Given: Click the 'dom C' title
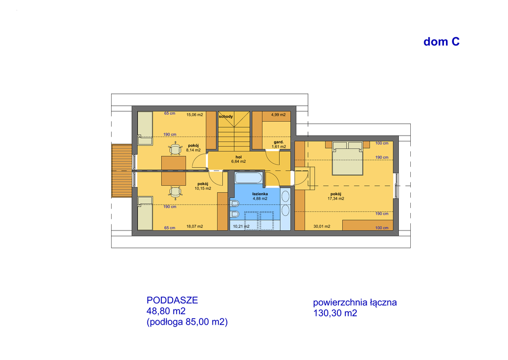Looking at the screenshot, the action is point(441,42).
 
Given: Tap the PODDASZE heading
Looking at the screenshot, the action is point(172,300).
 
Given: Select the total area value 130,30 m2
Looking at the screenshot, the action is point(335,313).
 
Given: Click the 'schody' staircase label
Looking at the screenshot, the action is point(226,116).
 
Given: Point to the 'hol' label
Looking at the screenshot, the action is point(239,157).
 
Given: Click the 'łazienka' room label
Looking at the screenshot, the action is point(260,194).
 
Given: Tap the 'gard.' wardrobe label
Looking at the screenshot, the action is point(279,142).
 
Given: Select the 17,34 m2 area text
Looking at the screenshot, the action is point(336,199).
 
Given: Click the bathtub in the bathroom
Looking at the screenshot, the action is point(249,178).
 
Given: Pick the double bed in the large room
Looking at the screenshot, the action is point(347,158).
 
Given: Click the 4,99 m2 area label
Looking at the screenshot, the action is point(278,115).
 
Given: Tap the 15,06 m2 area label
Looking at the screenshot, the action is point(194,115).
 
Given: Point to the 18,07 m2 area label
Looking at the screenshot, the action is point(194,226).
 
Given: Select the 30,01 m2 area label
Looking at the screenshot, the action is point(321,226).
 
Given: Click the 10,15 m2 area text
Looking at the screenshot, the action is point(203,188).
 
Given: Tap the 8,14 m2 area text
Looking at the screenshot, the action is point(193,150).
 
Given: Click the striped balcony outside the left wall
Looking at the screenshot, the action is point(122,171).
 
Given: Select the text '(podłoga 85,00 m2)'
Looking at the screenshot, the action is point(187,322).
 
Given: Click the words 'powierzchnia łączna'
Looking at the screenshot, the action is point(355,302).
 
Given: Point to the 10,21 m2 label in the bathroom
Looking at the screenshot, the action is point(242,226).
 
